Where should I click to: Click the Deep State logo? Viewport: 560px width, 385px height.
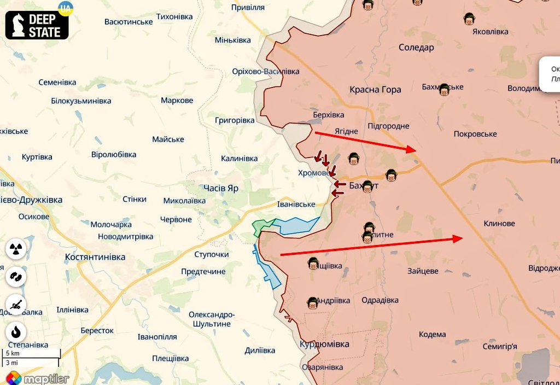point(37,25)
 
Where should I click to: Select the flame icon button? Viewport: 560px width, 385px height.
point(16,332)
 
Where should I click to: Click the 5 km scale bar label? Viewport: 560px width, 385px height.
point(13,353)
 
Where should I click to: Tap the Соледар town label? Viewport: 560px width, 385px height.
point(416,48)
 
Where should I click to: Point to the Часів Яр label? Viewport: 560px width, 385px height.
point(221,188)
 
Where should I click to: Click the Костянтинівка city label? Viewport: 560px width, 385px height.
point(95,256)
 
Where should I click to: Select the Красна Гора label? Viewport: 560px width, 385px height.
point(375,90)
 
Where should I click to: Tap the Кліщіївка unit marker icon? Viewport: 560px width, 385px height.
point(313,264)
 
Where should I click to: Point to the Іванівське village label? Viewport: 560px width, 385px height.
point(296,204)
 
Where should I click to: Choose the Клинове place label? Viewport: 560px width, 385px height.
point(499,224)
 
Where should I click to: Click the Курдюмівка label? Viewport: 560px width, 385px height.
point(324,344)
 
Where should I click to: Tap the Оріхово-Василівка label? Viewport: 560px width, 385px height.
point(266,72)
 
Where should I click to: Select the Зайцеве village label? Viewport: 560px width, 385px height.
point(423,271)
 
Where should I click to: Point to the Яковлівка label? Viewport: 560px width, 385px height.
point(490,32)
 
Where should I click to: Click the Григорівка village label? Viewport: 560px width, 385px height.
point(235,120)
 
